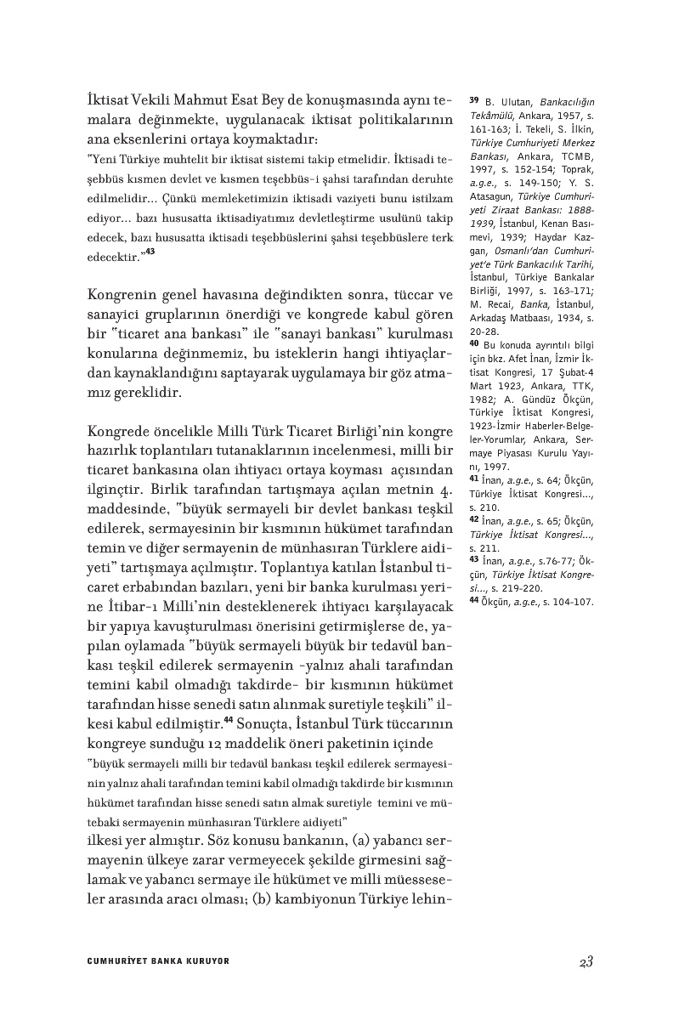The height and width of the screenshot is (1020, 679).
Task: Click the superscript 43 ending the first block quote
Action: pos(150,252)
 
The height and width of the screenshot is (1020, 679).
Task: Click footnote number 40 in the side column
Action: pos(474,343)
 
